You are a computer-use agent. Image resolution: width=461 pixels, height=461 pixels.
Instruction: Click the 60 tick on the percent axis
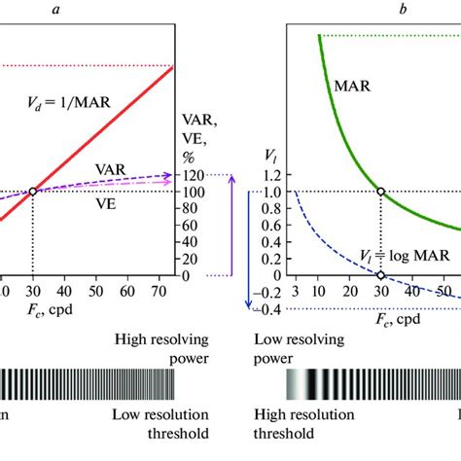point(192,226)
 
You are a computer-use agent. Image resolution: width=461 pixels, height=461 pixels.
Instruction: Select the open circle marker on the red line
point(33,192)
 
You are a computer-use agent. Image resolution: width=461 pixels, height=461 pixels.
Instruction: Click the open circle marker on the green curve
point(380,192)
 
